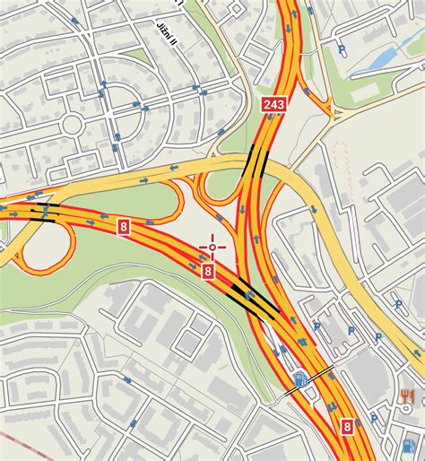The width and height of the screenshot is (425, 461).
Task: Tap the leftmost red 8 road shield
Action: [x=123, y=229]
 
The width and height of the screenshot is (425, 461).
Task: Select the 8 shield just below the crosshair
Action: [x=207, y=270]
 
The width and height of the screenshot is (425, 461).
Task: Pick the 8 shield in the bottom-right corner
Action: [x=347, y=429]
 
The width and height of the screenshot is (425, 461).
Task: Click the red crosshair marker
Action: [x=212, y=245]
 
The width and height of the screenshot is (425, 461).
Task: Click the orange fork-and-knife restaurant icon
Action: [x=409, y=396]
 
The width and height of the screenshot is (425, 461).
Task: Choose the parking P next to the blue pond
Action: [x=341, y=51]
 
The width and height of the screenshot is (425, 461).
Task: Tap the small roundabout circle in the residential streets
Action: [x=72, y=122]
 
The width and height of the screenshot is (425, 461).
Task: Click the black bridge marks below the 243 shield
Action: [x=256, y=161]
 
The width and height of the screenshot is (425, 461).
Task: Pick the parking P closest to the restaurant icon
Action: [x=377, y=338]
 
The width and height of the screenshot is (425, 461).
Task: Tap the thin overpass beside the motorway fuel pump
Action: [x=310, y=379]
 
